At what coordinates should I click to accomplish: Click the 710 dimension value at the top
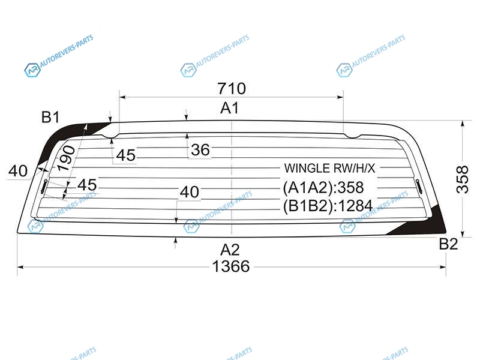232,88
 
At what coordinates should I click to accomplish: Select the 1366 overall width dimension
231,266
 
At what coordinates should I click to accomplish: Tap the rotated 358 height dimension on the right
462,179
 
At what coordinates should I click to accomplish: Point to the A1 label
230,108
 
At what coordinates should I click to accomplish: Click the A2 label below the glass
230,250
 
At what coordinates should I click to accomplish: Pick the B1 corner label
50,117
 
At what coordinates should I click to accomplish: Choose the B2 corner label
448,244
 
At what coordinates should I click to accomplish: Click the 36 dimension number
200,150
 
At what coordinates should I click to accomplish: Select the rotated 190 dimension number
66,158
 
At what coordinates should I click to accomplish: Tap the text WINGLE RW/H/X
329,168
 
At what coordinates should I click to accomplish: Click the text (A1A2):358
323,187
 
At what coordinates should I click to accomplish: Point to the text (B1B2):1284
328,206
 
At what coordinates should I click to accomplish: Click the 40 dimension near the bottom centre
190,192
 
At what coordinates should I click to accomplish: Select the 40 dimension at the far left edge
18,171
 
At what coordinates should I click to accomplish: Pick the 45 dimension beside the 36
126,155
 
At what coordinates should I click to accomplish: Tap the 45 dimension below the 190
87,185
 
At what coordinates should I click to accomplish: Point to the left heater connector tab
44,187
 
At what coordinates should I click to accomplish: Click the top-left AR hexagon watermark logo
32,70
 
